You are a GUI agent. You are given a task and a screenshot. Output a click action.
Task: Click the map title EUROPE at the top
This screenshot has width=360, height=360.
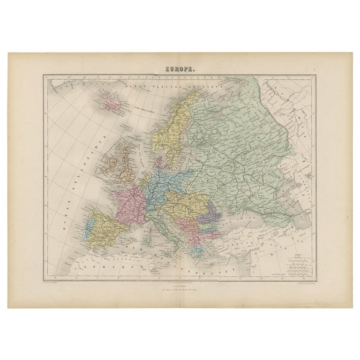point(180,68)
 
